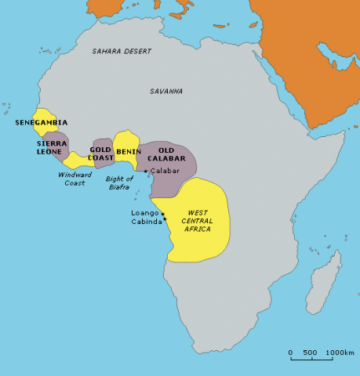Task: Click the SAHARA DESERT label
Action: click(x=122, y=51)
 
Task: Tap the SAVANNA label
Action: click(x=166, y=92)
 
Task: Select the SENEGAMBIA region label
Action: click(x=41, y=123)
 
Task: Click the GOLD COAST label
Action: click(x=100, y=153)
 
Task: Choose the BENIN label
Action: click(x=129, y=150)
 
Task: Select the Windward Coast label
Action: click(x=75, y=179)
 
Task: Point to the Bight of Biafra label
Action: click(x=119, y=183)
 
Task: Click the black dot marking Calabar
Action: click(x=146, y=171)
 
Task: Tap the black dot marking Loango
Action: click(x=162, y=213)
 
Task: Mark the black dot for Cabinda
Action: click(x=164, y=219)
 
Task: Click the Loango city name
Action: click(x=144, y=212)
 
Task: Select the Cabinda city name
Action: click(x=145, y=222)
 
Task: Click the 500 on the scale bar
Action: click(x=310, y=352)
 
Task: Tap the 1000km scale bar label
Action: click(x=340, y=352)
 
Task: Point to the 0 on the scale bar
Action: click(x=290, y=352)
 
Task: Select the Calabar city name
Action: click(x=165, y=171)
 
